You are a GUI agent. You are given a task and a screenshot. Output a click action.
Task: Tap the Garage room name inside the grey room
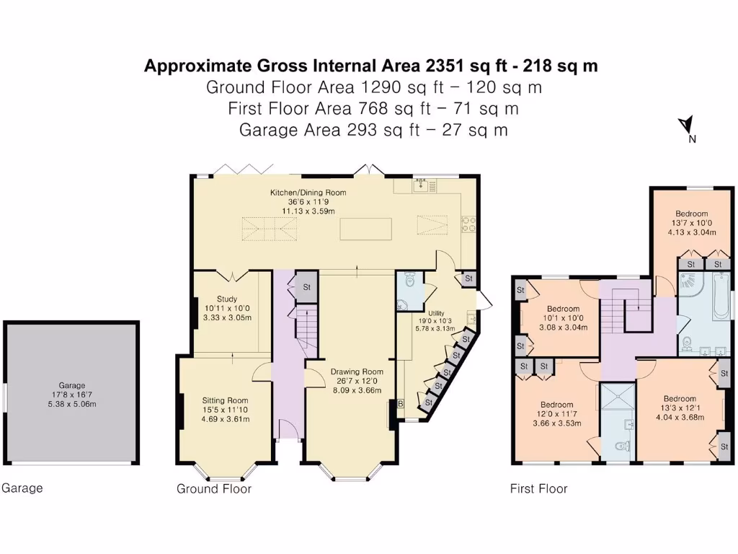[x=72, y=385]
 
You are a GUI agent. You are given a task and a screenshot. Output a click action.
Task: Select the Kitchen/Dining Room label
[x=308, y=193]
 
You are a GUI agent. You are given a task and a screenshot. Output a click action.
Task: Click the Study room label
[x=227, y=299]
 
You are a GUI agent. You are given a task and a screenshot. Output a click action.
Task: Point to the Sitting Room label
[x=225, y=400]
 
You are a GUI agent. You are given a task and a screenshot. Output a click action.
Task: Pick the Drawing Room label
[x=357, y=371]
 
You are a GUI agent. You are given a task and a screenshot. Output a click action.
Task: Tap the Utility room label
[x=436, y=313]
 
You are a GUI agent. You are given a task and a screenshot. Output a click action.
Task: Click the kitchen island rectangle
[x=365, y=229]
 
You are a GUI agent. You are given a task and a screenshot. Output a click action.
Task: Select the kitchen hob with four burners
[x=468, y=224]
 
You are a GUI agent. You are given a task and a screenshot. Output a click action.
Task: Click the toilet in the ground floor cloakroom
[x=409, y=280]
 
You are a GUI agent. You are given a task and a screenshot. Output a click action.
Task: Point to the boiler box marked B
[x=401, y=404]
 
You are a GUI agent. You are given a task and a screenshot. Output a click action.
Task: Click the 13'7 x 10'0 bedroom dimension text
[x=691, y=224]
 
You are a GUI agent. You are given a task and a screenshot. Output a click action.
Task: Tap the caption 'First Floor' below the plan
[x=539, y=488]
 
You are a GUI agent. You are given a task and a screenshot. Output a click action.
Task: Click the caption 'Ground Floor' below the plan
[x=214, y=488]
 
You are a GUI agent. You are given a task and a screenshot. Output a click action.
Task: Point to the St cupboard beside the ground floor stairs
[x=306, y=287]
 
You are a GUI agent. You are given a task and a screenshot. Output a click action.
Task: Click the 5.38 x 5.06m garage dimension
[x=72, y=404]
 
